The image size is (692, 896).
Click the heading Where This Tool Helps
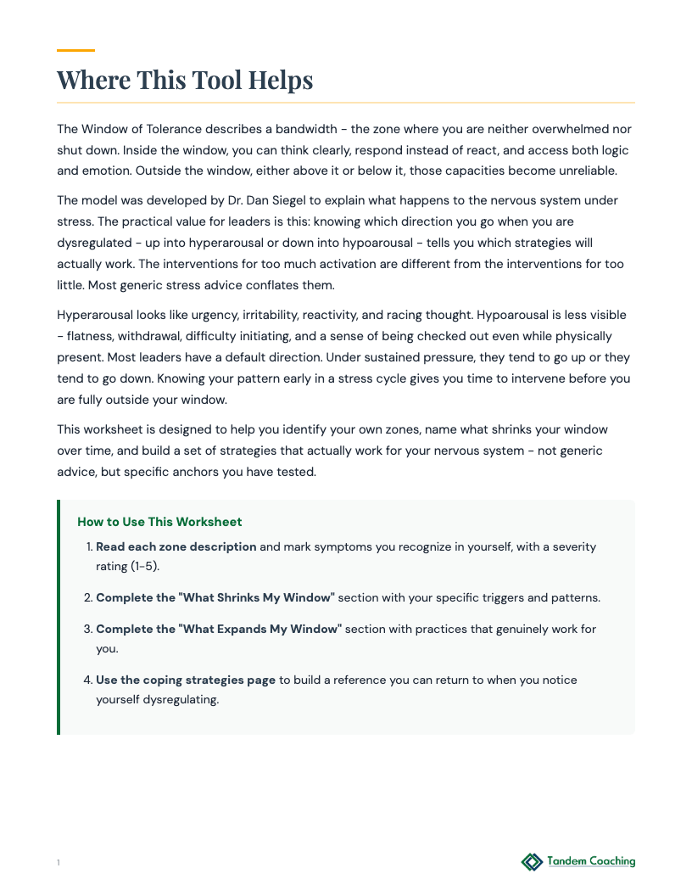[x=185, y=81]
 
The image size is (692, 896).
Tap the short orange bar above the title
[x=75, y=51]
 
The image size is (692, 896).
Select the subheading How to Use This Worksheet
[x=159, y=523]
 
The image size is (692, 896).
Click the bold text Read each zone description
[x=176, y=547]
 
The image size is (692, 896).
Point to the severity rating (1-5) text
[x=127, y=566]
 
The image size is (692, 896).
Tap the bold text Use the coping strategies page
[x=186, y=680]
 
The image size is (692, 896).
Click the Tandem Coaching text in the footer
[x=591, y=861]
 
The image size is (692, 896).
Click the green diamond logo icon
[x=532, y=862]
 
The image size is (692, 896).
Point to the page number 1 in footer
[x=59, y=864]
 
